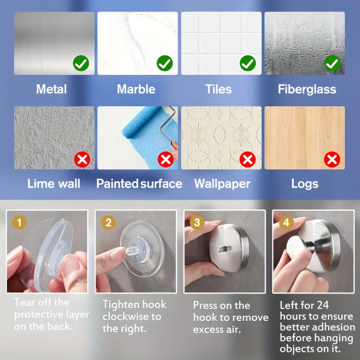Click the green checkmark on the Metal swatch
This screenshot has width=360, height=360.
point(81,63)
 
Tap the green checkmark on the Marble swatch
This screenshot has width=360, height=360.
point(165,63)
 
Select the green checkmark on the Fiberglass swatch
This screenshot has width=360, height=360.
point(332,63)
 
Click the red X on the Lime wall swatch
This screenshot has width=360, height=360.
point(82,159)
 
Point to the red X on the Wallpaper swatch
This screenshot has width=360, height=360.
point(247,159)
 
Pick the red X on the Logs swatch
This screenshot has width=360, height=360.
point(332,159)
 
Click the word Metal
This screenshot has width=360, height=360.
point(51,89)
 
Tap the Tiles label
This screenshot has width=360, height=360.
point(219,89)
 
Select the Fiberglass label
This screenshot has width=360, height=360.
point(307,89)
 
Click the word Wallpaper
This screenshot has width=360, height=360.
point(222,184)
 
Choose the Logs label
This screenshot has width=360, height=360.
point(305,184)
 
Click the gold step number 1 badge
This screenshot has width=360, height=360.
point(19,222)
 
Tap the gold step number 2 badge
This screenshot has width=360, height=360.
point(108,222)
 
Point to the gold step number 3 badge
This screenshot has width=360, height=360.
point(197,222)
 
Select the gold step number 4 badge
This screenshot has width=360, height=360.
point(286,222)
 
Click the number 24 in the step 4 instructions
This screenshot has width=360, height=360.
point(323,306)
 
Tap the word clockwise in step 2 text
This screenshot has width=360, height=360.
point(127,317)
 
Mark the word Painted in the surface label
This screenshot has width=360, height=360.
point(117,184)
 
